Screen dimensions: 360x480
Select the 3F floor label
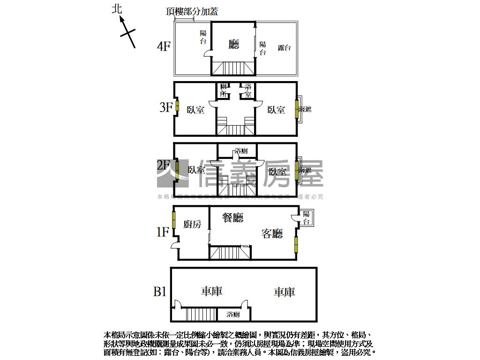click(x=165, y=107)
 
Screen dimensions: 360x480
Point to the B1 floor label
click(x=160, y=292)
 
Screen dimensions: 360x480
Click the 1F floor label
click(x=162, y=232)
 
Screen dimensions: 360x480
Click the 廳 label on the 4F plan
click(x=233, y=45)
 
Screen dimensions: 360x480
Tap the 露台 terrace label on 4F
click(x=284, y=47)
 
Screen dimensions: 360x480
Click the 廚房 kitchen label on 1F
click(x=192, y=225)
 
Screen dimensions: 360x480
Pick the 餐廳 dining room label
click(x=232, y=217)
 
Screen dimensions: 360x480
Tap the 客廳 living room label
click(x=272, y=233)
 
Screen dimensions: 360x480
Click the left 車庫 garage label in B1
click(x=211, y=292)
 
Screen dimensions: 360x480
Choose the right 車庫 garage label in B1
click(x=284, y=292)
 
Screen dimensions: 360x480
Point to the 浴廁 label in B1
click(x=233, y=314)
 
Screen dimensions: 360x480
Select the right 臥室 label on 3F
click(x=276, y=110)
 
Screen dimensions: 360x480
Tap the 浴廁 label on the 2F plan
click(x=241, y=151)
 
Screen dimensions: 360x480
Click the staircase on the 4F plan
click(x=233, y=68)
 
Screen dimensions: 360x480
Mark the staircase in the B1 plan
click(x=199, y=314)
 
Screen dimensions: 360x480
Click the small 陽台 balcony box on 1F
click(x=306, y=218)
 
